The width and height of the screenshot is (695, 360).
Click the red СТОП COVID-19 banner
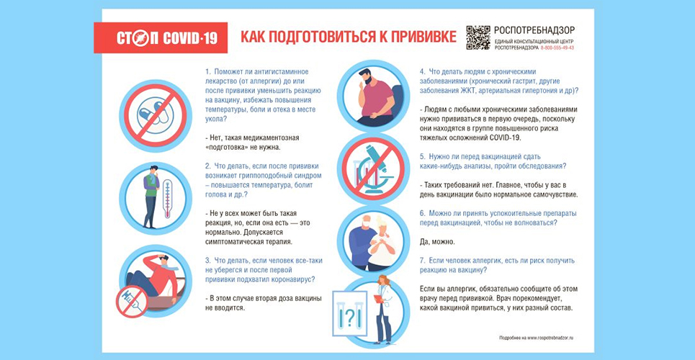click(x=161, y=37)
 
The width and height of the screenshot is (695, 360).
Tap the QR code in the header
click(x=477, y=37)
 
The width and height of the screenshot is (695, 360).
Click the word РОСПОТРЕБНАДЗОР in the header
click(x=534, y=31)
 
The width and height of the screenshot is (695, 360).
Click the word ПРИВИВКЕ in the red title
click(x=414, y=37)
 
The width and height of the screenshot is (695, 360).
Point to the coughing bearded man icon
click(x=372, y=94)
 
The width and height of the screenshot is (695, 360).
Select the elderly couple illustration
click(x=372, y=241)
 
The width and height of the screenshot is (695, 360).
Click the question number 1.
click(x=207, y=72)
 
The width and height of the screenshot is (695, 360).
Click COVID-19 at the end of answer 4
click(x=502, y=137)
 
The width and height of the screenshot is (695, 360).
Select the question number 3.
click(x=207, y=260)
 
